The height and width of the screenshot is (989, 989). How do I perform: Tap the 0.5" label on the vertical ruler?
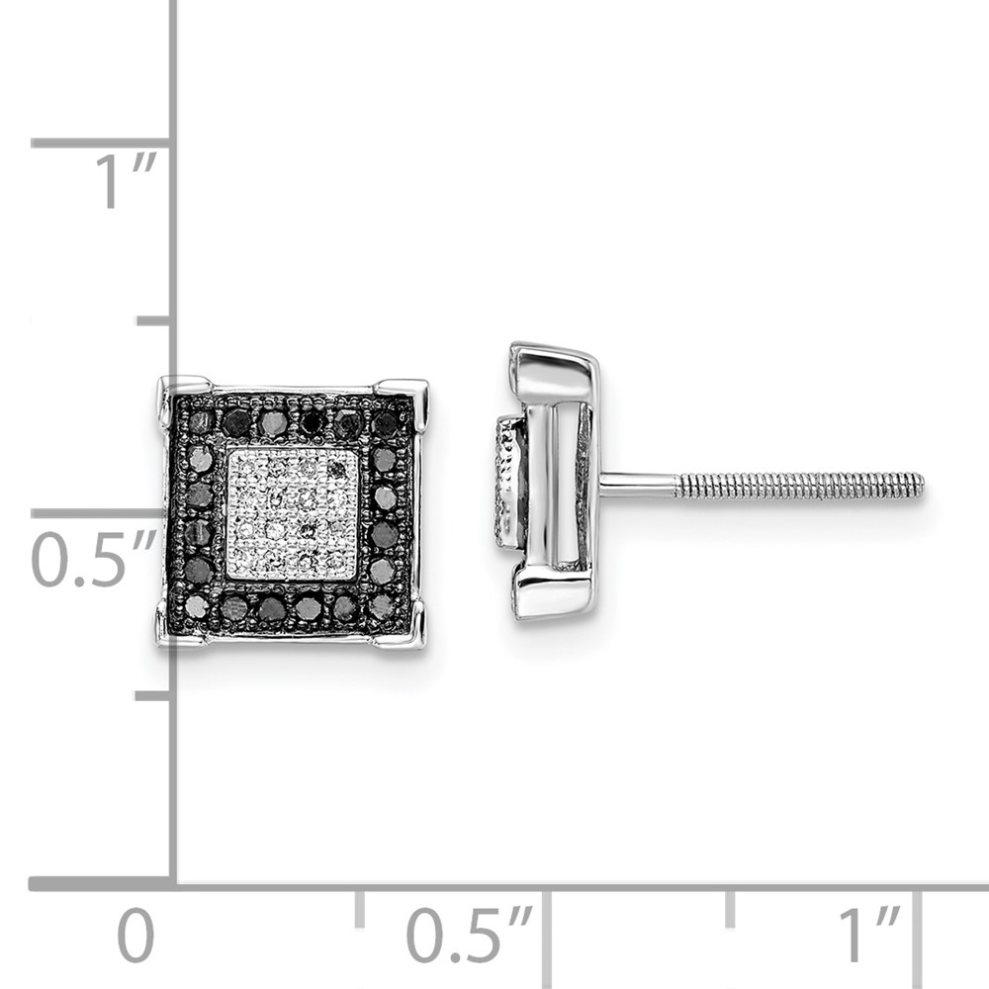coord(93,558)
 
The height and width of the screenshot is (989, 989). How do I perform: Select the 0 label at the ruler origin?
coord(135,936)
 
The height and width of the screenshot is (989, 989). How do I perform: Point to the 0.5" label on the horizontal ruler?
coord(469,935)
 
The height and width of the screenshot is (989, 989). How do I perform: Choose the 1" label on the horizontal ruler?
coord(868,935)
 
